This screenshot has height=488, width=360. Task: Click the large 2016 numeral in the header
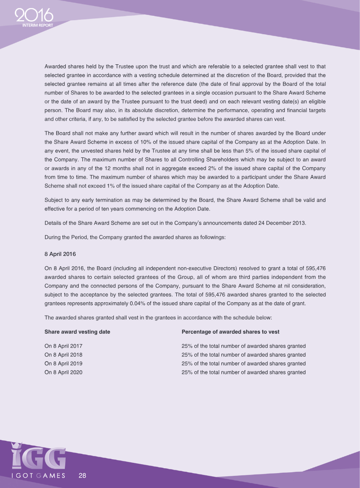[34, 17]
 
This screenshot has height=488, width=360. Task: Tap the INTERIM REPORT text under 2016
[38, 25]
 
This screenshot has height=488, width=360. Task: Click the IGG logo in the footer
[38, 457]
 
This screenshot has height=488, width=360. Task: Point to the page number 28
[82, 475]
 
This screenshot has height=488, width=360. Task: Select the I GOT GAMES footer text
[38, 475]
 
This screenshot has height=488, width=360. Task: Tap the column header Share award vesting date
[77, 332]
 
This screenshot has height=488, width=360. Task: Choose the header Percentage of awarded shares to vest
[230, 332]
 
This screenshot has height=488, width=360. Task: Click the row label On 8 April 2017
[63, 346]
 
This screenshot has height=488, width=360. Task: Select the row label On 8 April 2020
[63, 372]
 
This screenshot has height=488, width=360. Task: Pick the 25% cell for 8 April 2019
[243, 363]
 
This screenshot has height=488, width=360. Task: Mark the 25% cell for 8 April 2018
[243, 354]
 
